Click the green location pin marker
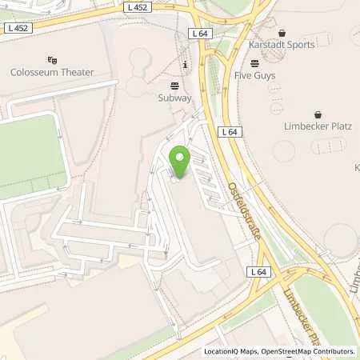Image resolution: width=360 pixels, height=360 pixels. click(180, 162)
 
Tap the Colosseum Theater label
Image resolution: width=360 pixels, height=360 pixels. click(52, 72)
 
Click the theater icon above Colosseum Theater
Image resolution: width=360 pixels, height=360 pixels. click(52, 59)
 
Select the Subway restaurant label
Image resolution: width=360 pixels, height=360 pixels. click(174, 97)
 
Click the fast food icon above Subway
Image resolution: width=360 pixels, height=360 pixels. click(174, 85)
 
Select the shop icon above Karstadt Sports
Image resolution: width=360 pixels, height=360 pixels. click(281, 33)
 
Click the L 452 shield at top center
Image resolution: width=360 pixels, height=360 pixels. click(138, 7)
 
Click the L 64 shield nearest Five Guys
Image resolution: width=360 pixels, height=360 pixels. click(200, 34)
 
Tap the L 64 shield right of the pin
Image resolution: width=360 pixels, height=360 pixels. click(230, 131)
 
